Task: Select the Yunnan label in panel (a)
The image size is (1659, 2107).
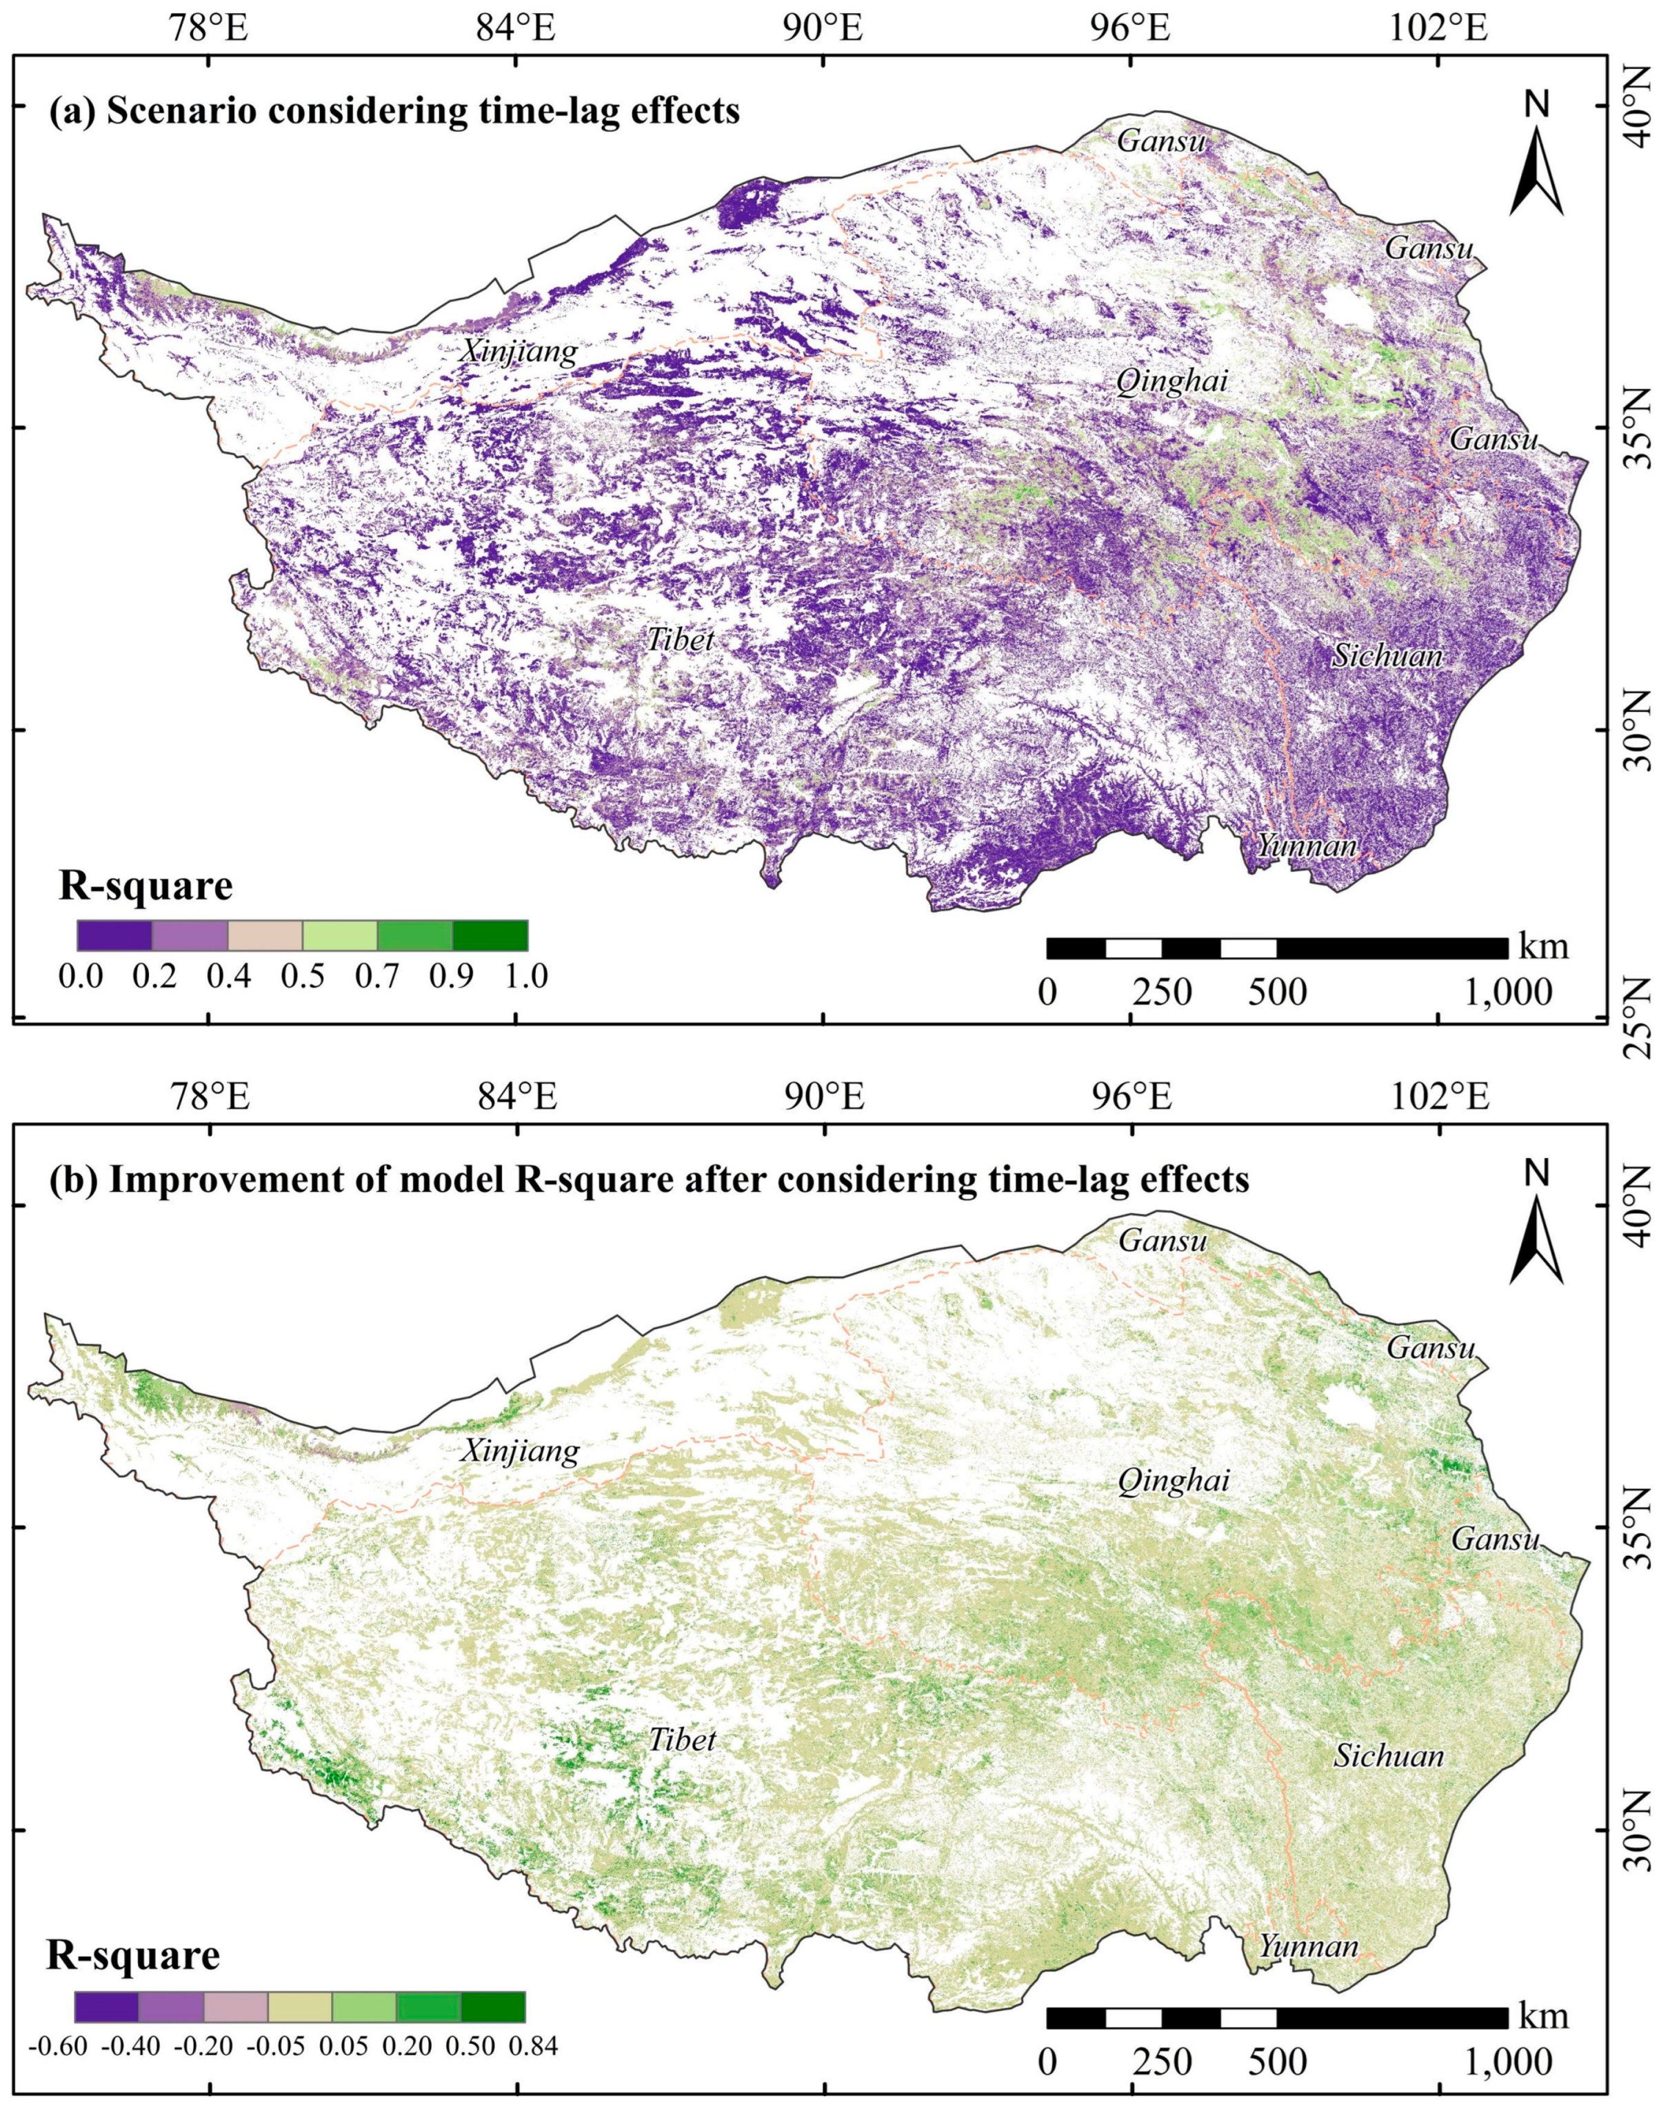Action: point(1307,846)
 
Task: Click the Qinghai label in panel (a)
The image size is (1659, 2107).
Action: point(1172,383)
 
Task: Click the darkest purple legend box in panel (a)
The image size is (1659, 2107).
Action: point(114,935)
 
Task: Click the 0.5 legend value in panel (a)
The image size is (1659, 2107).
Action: point(303,977)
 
